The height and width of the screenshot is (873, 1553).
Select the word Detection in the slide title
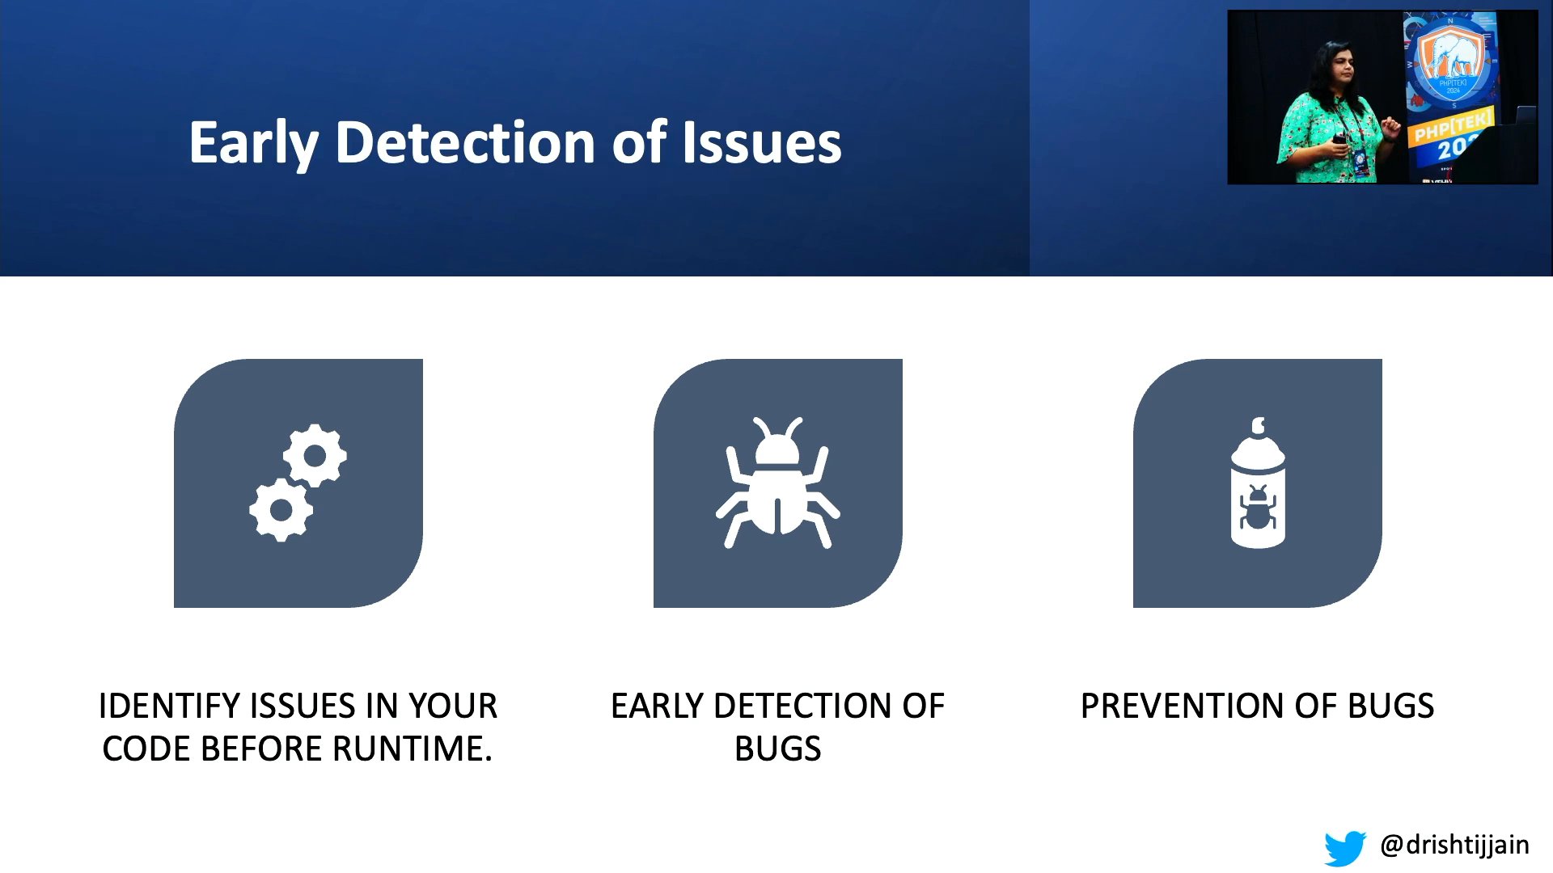(466, 142)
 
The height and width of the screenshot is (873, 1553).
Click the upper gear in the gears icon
(315, 456)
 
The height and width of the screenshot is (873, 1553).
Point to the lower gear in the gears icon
(281, 510)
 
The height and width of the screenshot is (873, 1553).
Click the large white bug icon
(777, 483)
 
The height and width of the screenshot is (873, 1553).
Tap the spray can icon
(1258, 483)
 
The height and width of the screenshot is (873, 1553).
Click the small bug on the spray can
(1258, 508)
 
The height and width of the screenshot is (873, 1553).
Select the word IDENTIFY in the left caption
(170, 706)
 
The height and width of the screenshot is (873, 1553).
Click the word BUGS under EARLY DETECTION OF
(777, 749)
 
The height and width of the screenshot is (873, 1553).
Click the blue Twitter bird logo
(1345, 848)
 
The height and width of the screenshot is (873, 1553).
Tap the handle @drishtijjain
(1454, 846)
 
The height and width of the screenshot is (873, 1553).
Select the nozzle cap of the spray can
(1258, 426)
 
